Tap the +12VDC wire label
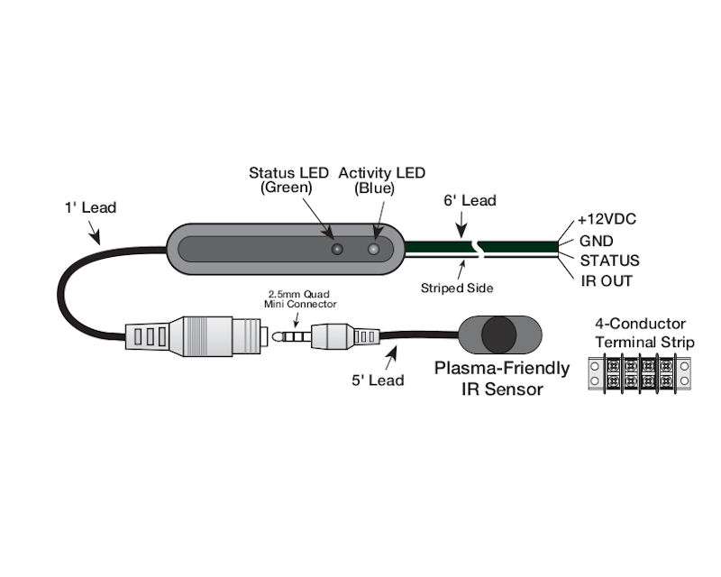tap(607, 220)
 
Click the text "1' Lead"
tap(90, 207)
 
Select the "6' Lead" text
tap(470, 200)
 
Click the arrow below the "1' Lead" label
tap(95, 235)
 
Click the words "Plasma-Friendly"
tap(502, 368)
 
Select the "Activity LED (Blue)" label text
tap(381, 180)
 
